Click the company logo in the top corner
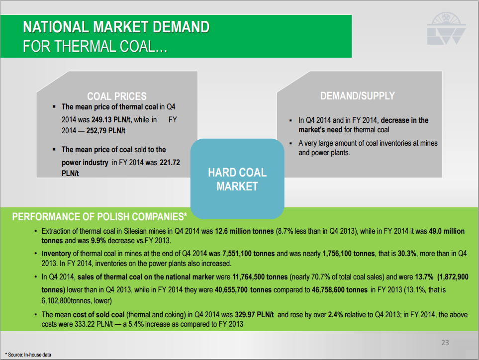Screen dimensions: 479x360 coord(446,28)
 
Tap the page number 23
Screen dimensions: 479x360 coord(445,343)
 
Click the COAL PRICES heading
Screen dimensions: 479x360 coord(117,96)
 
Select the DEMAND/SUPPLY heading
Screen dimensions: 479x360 coord(358,96)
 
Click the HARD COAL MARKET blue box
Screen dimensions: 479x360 coord(237,179)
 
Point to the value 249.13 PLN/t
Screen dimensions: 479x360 coord(111,120)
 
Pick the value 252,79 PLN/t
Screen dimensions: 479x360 coord(105,131)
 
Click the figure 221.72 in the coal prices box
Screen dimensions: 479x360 coord(170,163)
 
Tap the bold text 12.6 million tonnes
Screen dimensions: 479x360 coord(244,231)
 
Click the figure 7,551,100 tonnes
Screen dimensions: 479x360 coord(249,254)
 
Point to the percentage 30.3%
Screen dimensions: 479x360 coord(407,254)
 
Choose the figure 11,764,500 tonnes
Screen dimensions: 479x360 coord(260,277)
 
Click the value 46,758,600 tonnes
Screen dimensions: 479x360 coord(340,290)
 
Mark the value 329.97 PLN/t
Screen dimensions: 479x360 coord(254,315)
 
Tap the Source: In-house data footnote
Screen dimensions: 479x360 coord(28,355)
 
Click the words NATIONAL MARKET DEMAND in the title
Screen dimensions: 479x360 coord(116,27)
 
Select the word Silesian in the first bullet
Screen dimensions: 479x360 coord(135,231)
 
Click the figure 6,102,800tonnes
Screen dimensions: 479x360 coord(67,301)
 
